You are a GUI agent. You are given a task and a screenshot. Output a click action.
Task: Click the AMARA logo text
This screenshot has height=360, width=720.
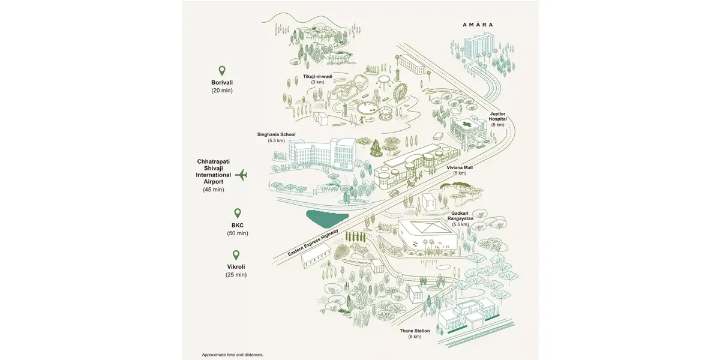point(478,25)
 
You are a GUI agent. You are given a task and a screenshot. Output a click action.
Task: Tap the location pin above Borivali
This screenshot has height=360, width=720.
point(222,70)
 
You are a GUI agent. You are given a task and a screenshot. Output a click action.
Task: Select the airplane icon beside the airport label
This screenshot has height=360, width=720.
point(241,175)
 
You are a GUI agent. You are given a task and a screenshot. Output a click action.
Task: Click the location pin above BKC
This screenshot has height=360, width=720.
point(237,213)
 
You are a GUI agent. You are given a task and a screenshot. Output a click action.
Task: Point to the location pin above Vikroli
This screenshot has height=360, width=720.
point(236,255)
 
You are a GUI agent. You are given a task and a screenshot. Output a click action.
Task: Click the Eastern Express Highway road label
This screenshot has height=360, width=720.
point(313,242)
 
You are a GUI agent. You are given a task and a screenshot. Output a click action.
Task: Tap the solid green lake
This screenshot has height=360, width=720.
point(326,218)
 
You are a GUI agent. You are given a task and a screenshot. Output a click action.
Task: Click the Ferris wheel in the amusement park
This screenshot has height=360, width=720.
point(400,92)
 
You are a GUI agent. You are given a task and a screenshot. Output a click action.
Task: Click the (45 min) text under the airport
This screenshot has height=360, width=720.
point(214,190)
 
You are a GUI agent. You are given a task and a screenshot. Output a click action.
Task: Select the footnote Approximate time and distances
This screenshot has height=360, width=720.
point(233,355)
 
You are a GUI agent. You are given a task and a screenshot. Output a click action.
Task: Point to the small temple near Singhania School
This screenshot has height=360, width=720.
point(376,149)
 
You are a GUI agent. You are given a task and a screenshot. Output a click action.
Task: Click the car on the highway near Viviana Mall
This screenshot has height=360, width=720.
point(394,193)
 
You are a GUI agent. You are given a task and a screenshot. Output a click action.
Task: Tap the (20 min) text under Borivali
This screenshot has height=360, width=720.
point(222,91)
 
